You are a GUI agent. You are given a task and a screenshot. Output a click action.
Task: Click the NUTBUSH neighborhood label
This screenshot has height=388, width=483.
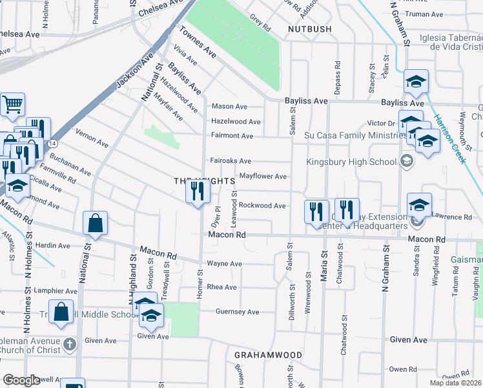coord(310,29)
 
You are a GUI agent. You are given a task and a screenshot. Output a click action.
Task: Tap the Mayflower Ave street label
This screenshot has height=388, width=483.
coord(263,176)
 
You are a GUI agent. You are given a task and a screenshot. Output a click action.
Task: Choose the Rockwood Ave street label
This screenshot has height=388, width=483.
coord(262,206)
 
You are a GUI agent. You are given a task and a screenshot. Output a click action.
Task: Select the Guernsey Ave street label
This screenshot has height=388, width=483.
coord(237,312)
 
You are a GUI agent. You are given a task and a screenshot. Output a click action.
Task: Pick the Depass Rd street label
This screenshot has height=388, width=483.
coord(338,79)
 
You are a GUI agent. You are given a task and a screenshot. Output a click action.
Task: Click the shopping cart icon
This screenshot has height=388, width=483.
coord(12,103)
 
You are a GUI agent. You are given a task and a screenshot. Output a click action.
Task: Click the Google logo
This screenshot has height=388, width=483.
coord(21,380)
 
